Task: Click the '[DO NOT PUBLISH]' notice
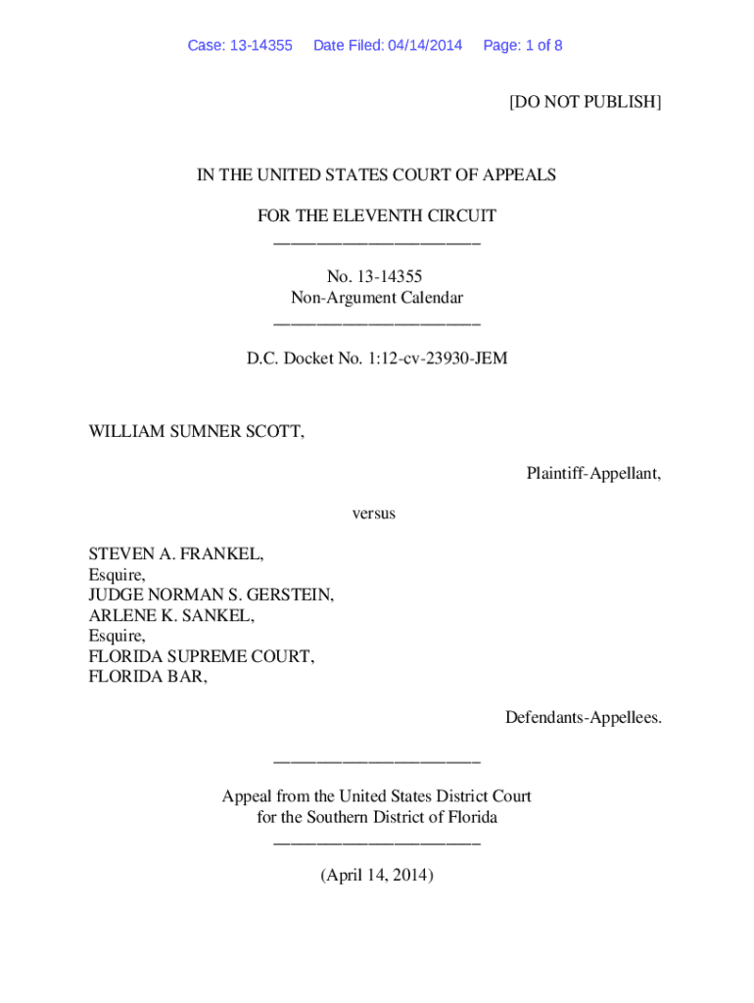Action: pos(585,102)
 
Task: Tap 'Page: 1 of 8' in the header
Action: pos(522,46)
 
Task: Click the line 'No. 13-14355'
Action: pos(376,277)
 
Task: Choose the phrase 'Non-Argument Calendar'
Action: pos(376,298)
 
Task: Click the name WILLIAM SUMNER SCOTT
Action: pos(196,432)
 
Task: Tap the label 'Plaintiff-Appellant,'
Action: pos(593,473)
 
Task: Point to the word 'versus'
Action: pos(374,513)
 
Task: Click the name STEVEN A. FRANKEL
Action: pos(176,554)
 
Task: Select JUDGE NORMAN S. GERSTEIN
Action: pos(211,595)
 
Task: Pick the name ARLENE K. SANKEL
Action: pos(171,615)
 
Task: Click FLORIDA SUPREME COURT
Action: pos(202,656)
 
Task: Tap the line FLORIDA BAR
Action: pos(148,676)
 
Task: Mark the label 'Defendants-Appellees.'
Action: pos(583,718)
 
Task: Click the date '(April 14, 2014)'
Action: pos(376,876)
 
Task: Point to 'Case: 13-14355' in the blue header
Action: pos(240,46)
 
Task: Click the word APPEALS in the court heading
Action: pos(519,175)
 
